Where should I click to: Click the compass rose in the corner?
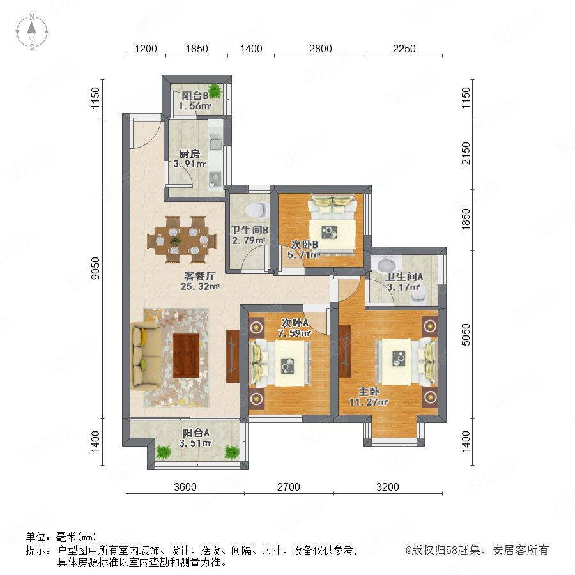pyautogui.click(x=32, y=31)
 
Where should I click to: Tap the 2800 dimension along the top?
pyautogui.click(x=320, y=49)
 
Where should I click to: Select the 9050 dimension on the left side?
pyautogui.click(x=95, y=268)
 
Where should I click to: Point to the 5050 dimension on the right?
pyautogui.click(x=465, y=334)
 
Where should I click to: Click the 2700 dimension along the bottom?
pyautogui.click(x=289, y=487)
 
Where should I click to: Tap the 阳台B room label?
pyautogui.click(x=195, y=96)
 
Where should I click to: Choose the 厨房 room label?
pyautogui.click(x=189, y=153)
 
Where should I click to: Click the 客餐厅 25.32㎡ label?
pyautogui.click(x=200, y=281)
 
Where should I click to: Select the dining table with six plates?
pyautogui.click(x=178, y=240)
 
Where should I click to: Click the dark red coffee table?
pyautogui.click(x=186, y=355)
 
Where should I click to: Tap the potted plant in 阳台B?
pyautogui.click(x=215, y=91)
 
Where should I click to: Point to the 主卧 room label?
pyautogui.click(x=369, y=392)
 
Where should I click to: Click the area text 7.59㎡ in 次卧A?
pyautogui.click(x=295, y=333)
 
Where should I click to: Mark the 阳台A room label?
pyautogui.click(x=196, y=433)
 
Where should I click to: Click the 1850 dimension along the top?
pyautogui.click(x=197, y=49)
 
